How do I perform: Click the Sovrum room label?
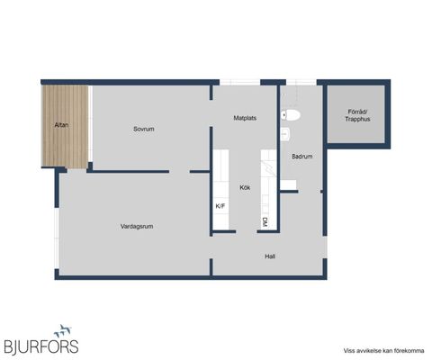(x=144, y=129)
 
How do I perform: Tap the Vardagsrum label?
(x=137, y=227)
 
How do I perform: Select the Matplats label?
(x=245, y=118)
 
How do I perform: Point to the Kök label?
(x=245, y=187)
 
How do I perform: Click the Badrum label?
(x=302, y=157)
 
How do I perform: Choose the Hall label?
(x=270, y=256)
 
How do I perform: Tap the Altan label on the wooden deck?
(x=61, y=125)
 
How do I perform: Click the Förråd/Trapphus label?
(x=357, y=115)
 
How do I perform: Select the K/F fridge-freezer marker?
(x=220, y=206)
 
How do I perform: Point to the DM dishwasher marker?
(x=265, y=222)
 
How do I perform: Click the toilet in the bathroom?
(x=291, y=115)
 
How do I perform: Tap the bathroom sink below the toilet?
(x=285, y=134)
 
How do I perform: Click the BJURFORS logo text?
(x=41, y=347)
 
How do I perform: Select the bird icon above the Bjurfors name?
(x=63, y=331)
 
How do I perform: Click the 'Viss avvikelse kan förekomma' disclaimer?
(x=383, y=351)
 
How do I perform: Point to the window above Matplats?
(x=239, y=82)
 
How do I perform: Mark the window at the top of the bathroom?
(x=301, y=82)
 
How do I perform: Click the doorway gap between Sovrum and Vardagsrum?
(x=179, y=172)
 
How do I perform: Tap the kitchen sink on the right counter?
(x=269, y=168)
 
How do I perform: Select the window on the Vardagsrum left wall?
(x=57, y=238)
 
